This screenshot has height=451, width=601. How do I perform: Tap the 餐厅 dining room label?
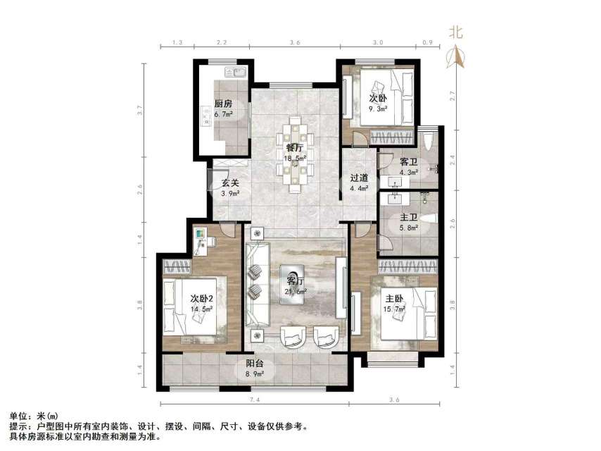(x=294, y=148)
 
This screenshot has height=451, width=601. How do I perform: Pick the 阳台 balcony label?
(x=255, y=364)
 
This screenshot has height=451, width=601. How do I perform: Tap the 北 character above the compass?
(x=457, y=32)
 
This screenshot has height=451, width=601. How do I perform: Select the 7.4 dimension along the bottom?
(x=255, y=400)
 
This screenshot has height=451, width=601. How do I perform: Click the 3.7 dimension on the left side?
(x=141, y=110)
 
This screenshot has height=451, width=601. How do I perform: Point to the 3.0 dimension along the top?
(x=378, y=43)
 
